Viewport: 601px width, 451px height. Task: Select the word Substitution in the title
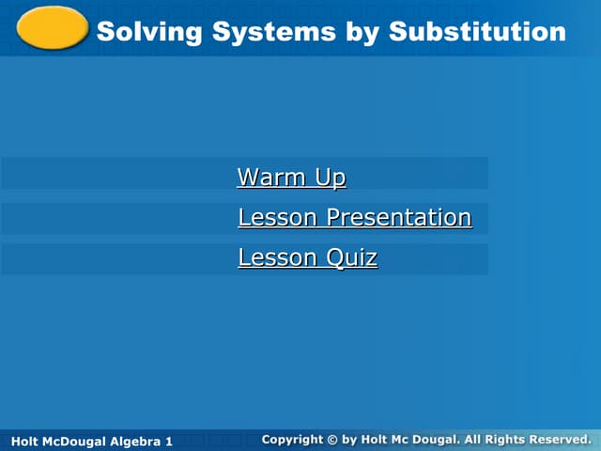[x=477, y=31]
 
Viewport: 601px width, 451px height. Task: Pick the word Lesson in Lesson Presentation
[x=278, y=217]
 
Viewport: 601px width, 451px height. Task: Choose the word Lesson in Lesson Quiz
[x=278, y=257]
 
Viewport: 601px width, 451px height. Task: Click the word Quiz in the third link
[x=352, y=257]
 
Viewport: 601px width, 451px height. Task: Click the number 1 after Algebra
[x=169, y=441]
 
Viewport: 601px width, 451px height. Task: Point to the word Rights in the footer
[x=506, y=439]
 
